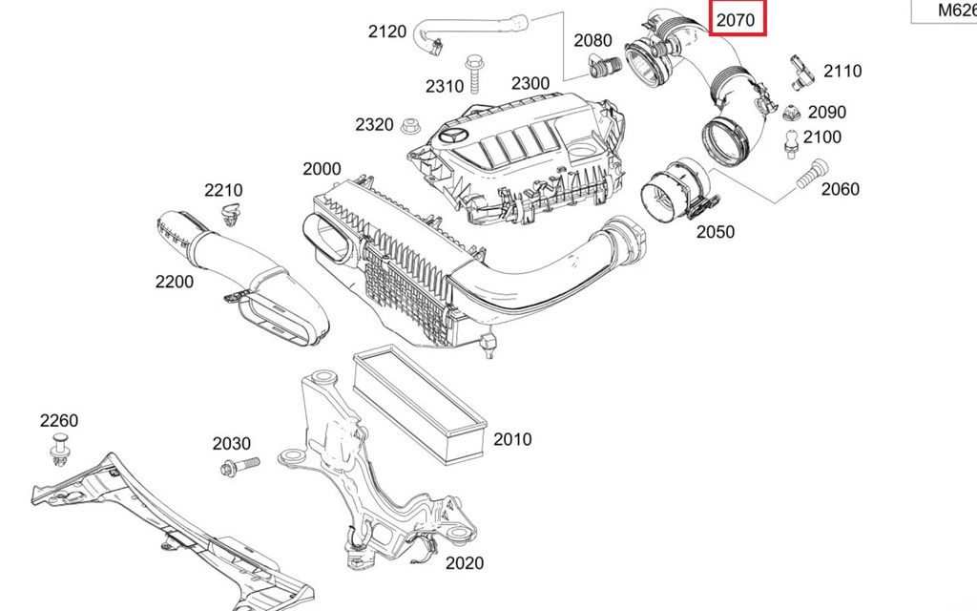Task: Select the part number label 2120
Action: [387, 32]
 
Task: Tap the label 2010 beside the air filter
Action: [512, 440]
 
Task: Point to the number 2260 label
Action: [59, 421]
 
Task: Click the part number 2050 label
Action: [715, 231]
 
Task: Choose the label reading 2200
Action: [174, 282]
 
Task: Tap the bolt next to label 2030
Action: [238, 467]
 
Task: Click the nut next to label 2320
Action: [413, 125]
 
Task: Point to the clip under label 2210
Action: [229, 215]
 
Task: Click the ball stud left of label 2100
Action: [791, 142]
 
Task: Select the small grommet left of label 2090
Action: [790, 114]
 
